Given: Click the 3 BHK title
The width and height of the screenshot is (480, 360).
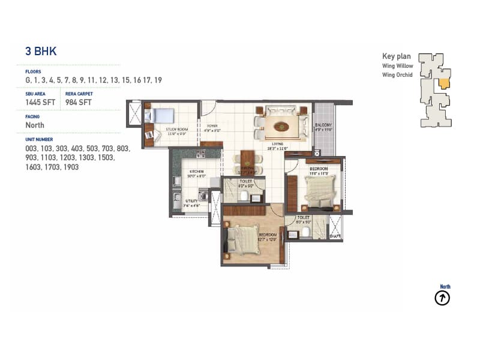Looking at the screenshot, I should click(41, 52).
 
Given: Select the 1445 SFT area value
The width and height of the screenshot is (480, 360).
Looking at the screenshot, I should click(40, 103).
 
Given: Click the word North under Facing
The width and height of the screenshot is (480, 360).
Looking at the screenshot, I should click(35, 125).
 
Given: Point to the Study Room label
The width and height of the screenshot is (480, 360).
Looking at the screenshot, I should click(178, 129).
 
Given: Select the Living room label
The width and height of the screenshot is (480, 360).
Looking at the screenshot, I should click(277, 144).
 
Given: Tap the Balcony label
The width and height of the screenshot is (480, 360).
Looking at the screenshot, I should click(323, 125).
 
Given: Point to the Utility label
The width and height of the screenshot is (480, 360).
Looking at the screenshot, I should click(191, 202).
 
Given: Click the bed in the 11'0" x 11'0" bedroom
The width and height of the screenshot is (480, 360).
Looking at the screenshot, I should click(318, 191).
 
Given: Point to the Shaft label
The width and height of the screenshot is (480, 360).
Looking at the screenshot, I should click(335, 236).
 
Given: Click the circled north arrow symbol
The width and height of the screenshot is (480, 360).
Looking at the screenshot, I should click(442, 298).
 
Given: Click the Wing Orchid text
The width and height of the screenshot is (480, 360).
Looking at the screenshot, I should click(397, 75).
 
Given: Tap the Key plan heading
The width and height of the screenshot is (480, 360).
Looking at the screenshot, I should click(397, 56).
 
